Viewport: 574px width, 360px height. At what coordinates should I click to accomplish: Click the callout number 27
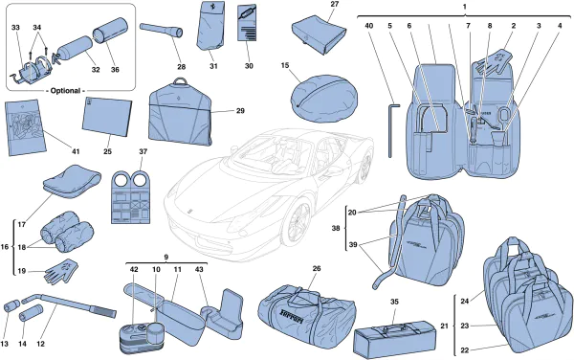(334, 6)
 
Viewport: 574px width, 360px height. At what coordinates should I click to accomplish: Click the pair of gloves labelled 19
(60, 270)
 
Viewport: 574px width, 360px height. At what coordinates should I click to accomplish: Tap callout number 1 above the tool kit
(464, 8)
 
